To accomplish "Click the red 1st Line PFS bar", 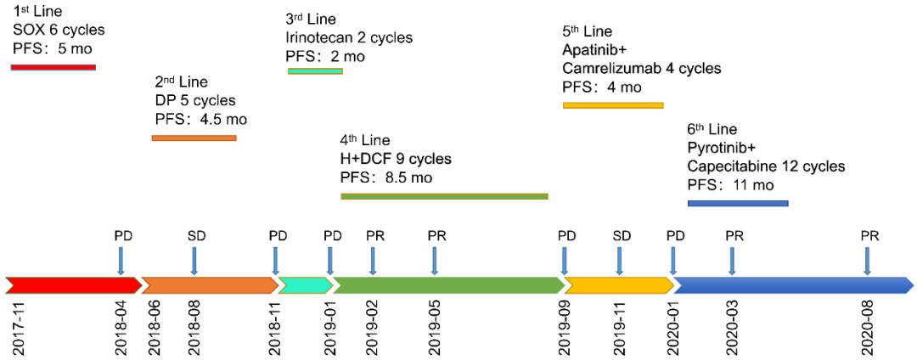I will point(53,67).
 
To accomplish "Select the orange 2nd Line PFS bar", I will point(194,138).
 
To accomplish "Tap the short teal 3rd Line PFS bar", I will point(315,71).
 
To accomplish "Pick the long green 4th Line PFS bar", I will point(444,196).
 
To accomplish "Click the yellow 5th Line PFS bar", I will point(613,105).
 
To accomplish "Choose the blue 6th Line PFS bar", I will point(738,203).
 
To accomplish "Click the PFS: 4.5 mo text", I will point(200,119).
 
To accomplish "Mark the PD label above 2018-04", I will point(123,235).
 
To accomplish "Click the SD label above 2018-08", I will point(195,235).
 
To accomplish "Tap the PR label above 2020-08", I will point(869,235).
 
